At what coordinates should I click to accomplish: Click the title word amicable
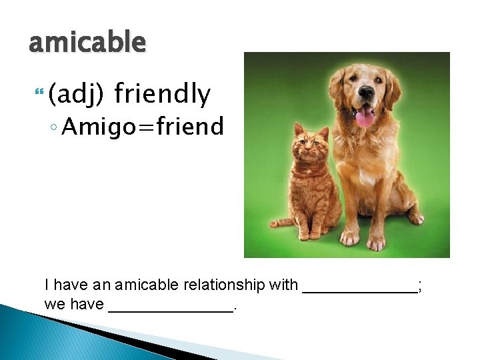pyautogui.click(x=87, y=43)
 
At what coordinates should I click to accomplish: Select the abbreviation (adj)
pyautogui.click(x=75, y=95)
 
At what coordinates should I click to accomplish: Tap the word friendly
pyautogui.click(x=162, y=95)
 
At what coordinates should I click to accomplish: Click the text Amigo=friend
pyautogui.click(x=143, y=125)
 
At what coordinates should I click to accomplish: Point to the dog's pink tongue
pyautogui.click(x=365, y=118)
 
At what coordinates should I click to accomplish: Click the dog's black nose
pyautogui.click(x=365, y=94)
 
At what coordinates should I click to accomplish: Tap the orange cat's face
pyautogui.click(x=311, y=143)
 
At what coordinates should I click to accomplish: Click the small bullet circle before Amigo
pyautogui.click(x=54, y=126)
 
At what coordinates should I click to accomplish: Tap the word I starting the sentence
pyautogui.click(x=47, y=285)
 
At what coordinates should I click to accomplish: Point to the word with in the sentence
pyautogui.click(x=283, y=285)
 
